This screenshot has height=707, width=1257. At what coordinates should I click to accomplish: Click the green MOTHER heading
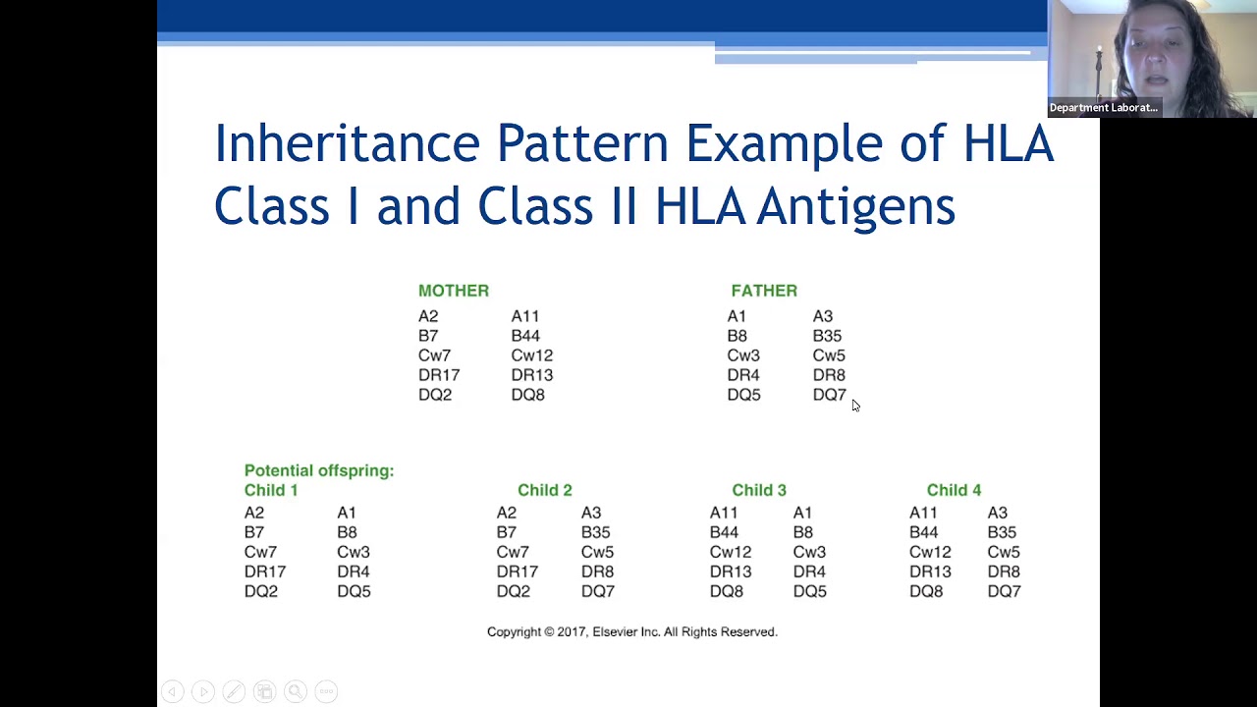453,291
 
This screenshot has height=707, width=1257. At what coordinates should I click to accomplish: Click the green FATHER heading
763,291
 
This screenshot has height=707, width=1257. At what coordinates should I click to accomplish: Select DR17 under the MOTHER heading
438,375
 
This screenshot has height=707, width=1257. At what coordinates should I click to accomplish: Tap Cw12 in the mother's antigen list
531,355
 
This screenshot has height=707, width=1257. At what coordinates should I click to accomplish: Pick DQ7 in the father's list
829,395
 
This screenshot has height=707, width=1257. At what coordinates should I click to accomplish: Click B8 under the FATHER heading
737,336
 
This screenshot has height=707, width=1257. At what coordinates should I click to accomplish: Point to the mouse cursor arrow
855,406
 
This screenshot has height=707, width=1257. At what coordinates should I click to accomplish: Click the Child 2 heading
544,490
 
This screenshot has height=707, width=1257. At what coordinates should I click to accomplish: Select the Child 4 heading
954,490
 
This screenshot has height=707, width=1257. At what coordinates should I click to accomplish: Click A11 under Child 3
723,513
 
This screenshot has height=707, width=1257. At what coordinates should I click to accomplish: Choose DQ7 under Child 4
1004,591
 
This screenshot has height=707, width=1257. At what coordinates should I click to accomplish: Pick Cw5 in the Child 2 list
597,552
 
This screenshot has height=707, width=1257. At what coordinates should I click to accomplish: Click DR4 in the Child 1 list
353,571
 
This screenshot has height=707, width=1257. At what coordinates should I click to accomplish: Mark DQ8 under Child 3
726,591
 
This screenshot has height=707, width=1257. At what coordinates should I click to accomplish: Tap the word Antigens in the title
855,206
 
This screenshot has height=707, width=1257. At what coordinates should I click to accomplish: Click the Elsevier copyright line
631,632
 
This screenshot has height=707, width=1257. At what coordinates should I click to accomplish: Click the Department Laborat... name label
1103,108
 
